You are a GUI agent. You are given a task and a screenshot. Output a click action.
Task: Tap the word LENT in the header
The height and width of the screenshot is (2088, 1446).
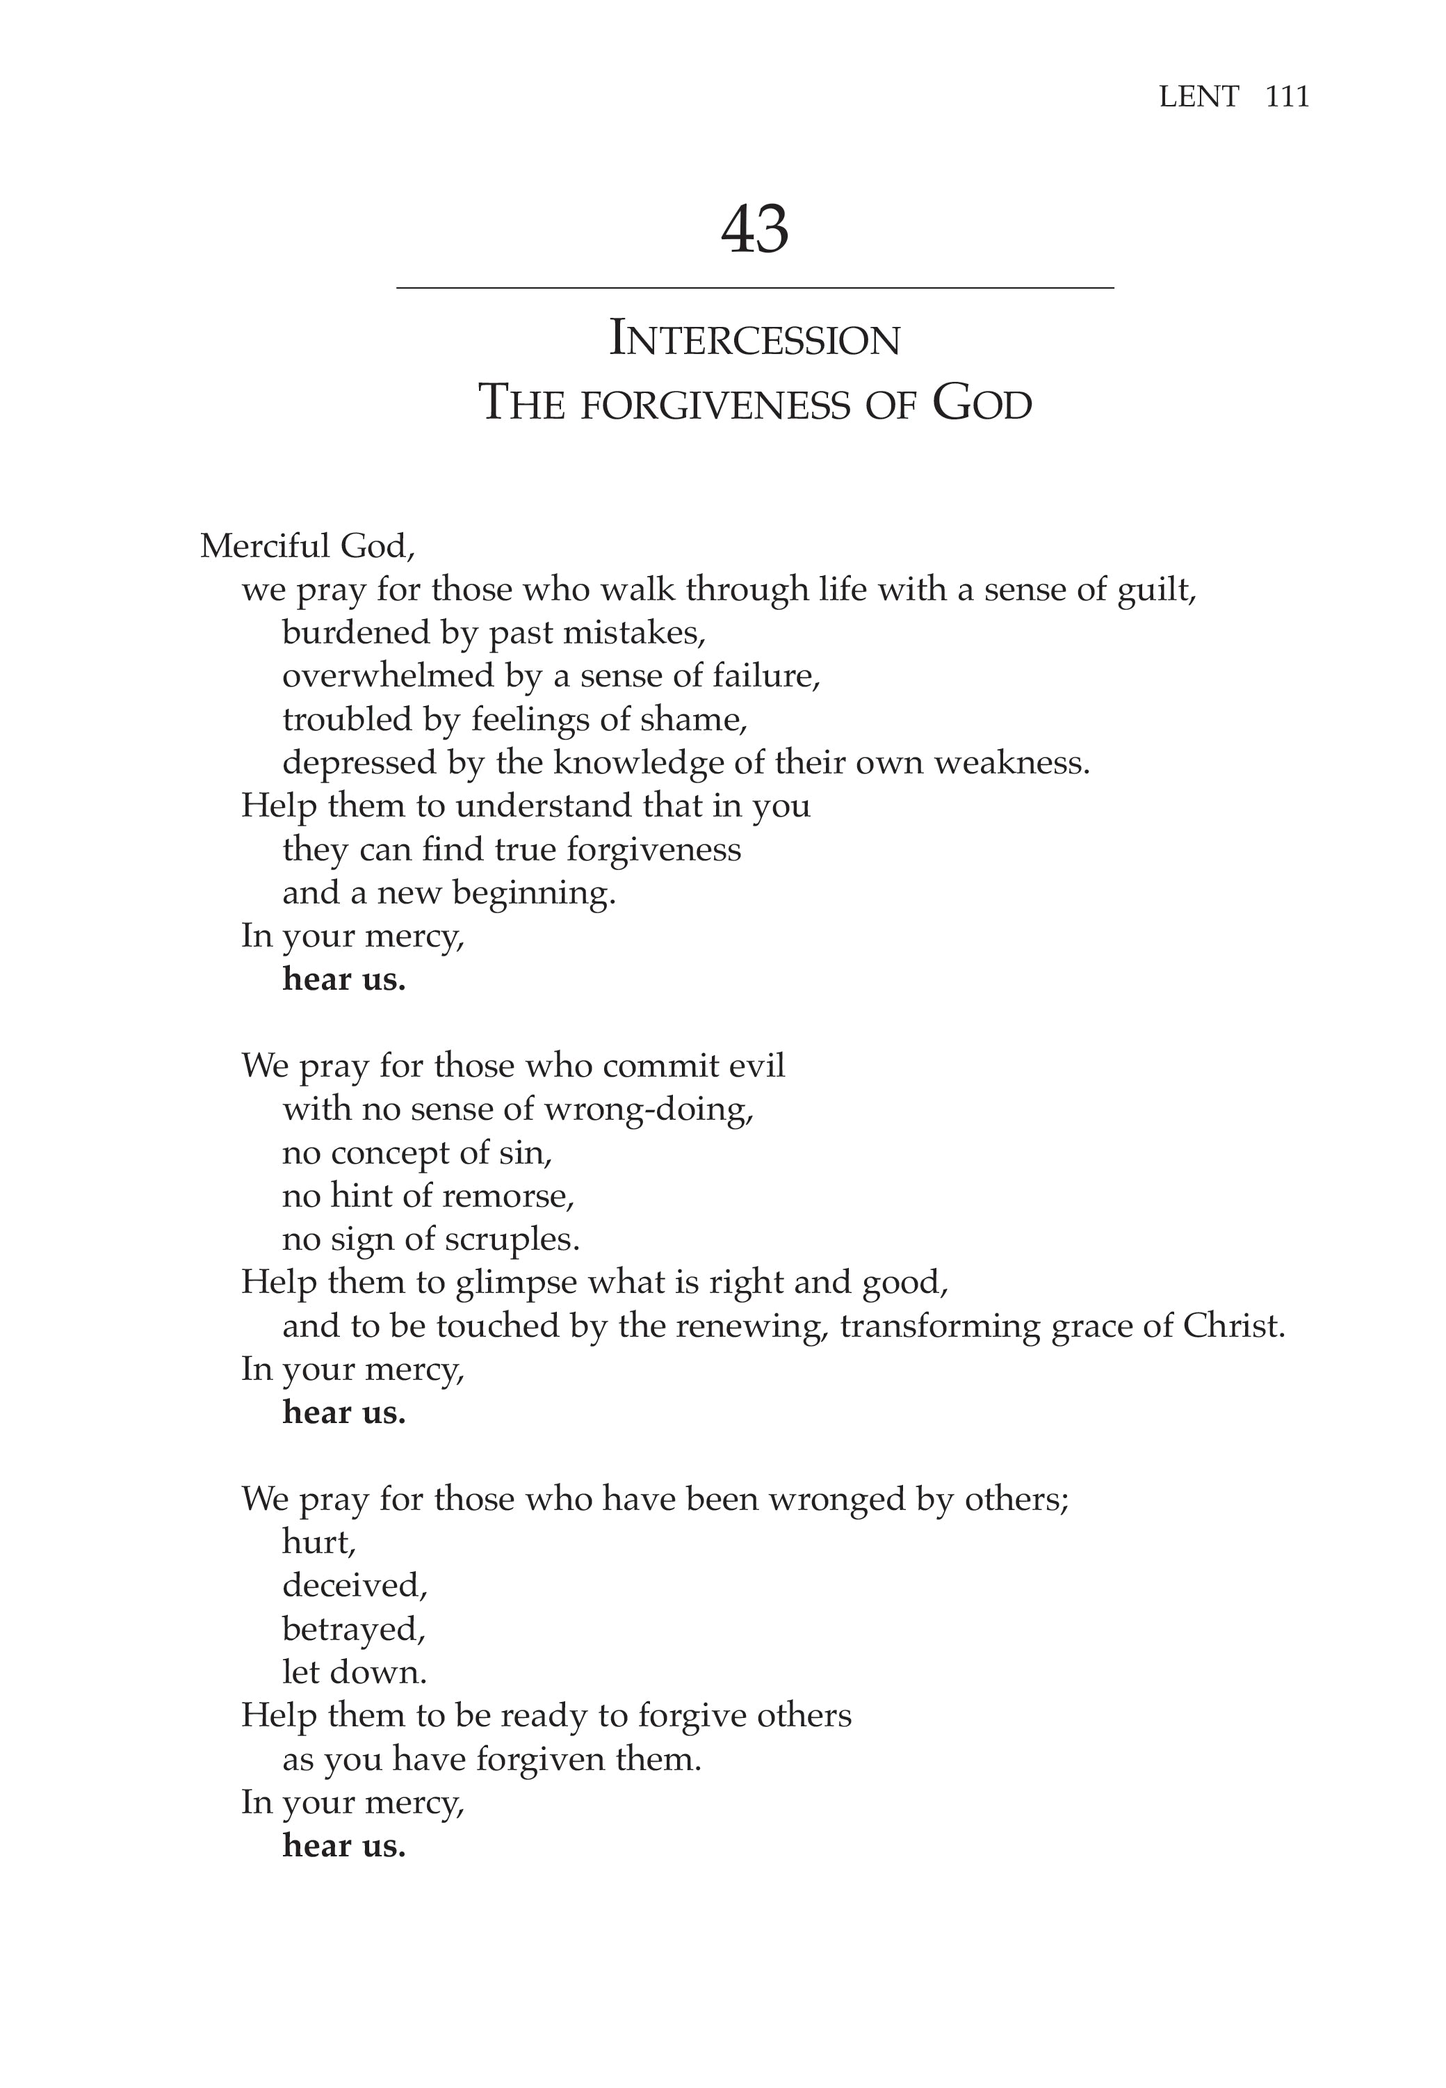1199,96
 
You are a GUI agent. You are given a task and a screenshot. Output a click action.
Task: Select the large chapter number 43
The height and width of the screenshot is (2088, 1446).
755,230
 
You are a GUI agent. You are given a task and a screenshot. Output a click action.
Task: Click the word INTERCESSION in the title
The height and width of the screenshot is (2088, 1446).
755,339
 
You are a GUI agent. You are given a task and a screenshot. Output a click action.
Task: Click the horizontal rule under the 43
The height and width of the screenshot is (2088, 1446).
755,288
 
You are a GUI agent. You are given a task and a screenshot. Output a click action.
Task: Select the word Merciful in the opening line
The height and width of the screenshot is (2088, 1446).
263,545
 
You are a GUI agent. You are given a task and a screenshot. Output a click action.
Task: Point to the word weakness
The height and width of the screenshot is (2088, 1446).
1012,763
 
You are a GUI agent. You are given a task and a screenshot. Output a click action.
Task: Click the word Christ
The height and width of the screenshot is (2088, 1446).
1234,1327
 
